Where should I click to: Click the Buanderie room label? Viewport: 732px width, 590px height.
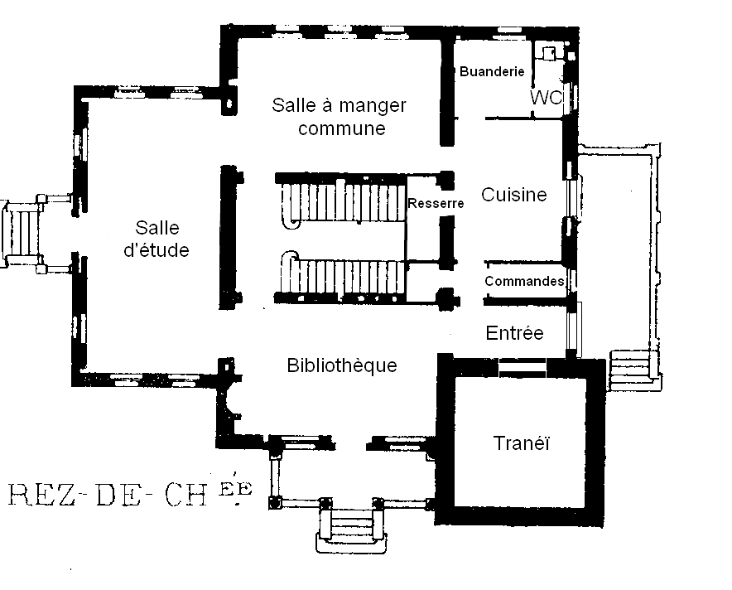click(x=492, y=72)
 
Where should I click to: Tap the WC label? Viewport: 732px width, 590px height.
click(x=546, y=98)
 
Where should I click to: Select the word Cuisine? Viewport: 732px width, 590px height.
click(x=514, y=195)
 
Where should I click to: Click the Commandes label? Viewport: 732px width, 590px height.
click(x=524, y=282)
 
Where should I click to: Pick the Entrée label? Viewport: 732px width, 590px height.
click(x=514, y=333)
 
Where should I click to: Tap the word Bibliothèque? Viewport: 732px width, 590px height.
click(x=341, y=365)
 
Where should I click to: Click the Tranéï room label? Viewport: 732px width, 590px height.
click(x=522, y=443)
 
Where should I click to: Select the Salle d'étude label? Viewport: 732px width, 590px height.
click(x=157, y=239)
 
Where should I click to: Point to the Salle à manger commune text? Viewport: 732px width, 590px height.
click(x=340, y=117)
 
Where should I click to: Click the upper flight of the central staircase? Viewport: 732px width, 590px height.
click(x=344, y=202)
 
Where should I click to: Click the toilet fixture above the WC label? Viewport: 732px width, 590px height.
click(x=547, y=54)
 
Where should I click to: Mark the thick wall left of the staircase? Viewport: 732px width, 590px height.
click(x=224, y=236)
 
